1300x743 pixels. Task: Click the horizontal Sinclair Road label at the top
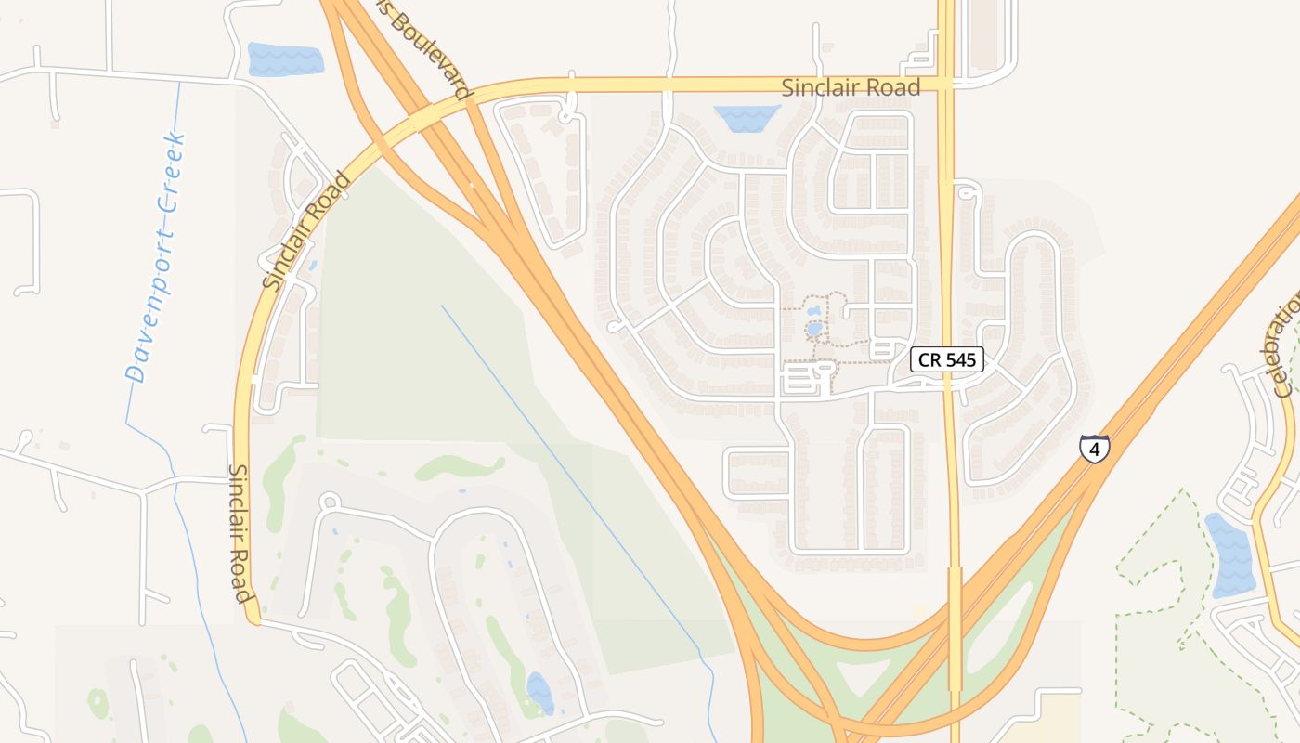pyautogui.click(x=851, y=88)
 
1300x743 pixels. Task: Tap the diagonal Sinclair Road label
pyautogui.click(x=306, y=230)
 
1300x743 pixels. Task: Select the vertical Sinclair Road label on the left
pyautogui.click(x=240, y=533)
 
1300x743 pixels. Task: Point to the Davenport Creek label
pyautogui.click(x=156, y=258)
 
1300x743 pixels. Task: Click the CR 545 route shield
pyautogui.click(x=946, y=359)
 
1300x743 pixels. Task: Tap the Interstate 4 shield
pyautogui.click(x=1095, y=449)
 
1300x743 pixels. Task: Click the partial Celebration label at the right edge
pyautogui.click(x=1285, y=344)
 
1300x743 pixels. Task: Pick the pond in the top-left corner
pyautogui.click(x=285, y=59)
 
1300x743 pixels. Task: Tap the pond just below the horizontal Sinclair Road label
pyautogui.click(x=747, y=118)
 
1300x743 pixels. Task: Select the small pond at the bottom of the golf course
pyautogui.click(x=539, y=693)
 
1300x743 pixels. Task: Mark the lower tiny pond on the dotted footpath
pyautogui.click(x=814, y=329)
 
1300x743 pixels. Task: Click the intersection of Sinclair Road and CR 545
pyautogui.click(x=946, y=85)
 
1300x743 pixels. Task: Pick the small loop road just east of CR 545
pyautogui.click(x=968, y=191)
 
